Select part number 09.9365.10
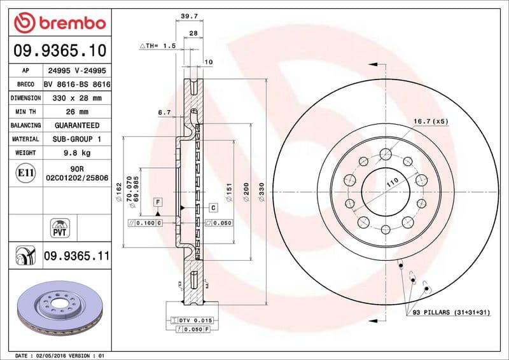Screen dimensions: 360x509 click(x=59, y=51)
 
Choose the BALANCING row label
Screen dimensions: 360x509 click(x=25, y=126)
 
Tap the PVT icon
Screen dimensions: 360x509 click(x=59, y=227)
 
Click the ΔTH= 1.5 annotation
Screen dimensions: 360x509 click(x=157, y=46)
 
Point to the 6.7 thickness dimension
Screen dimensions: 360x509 click(x=164, y=112)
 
